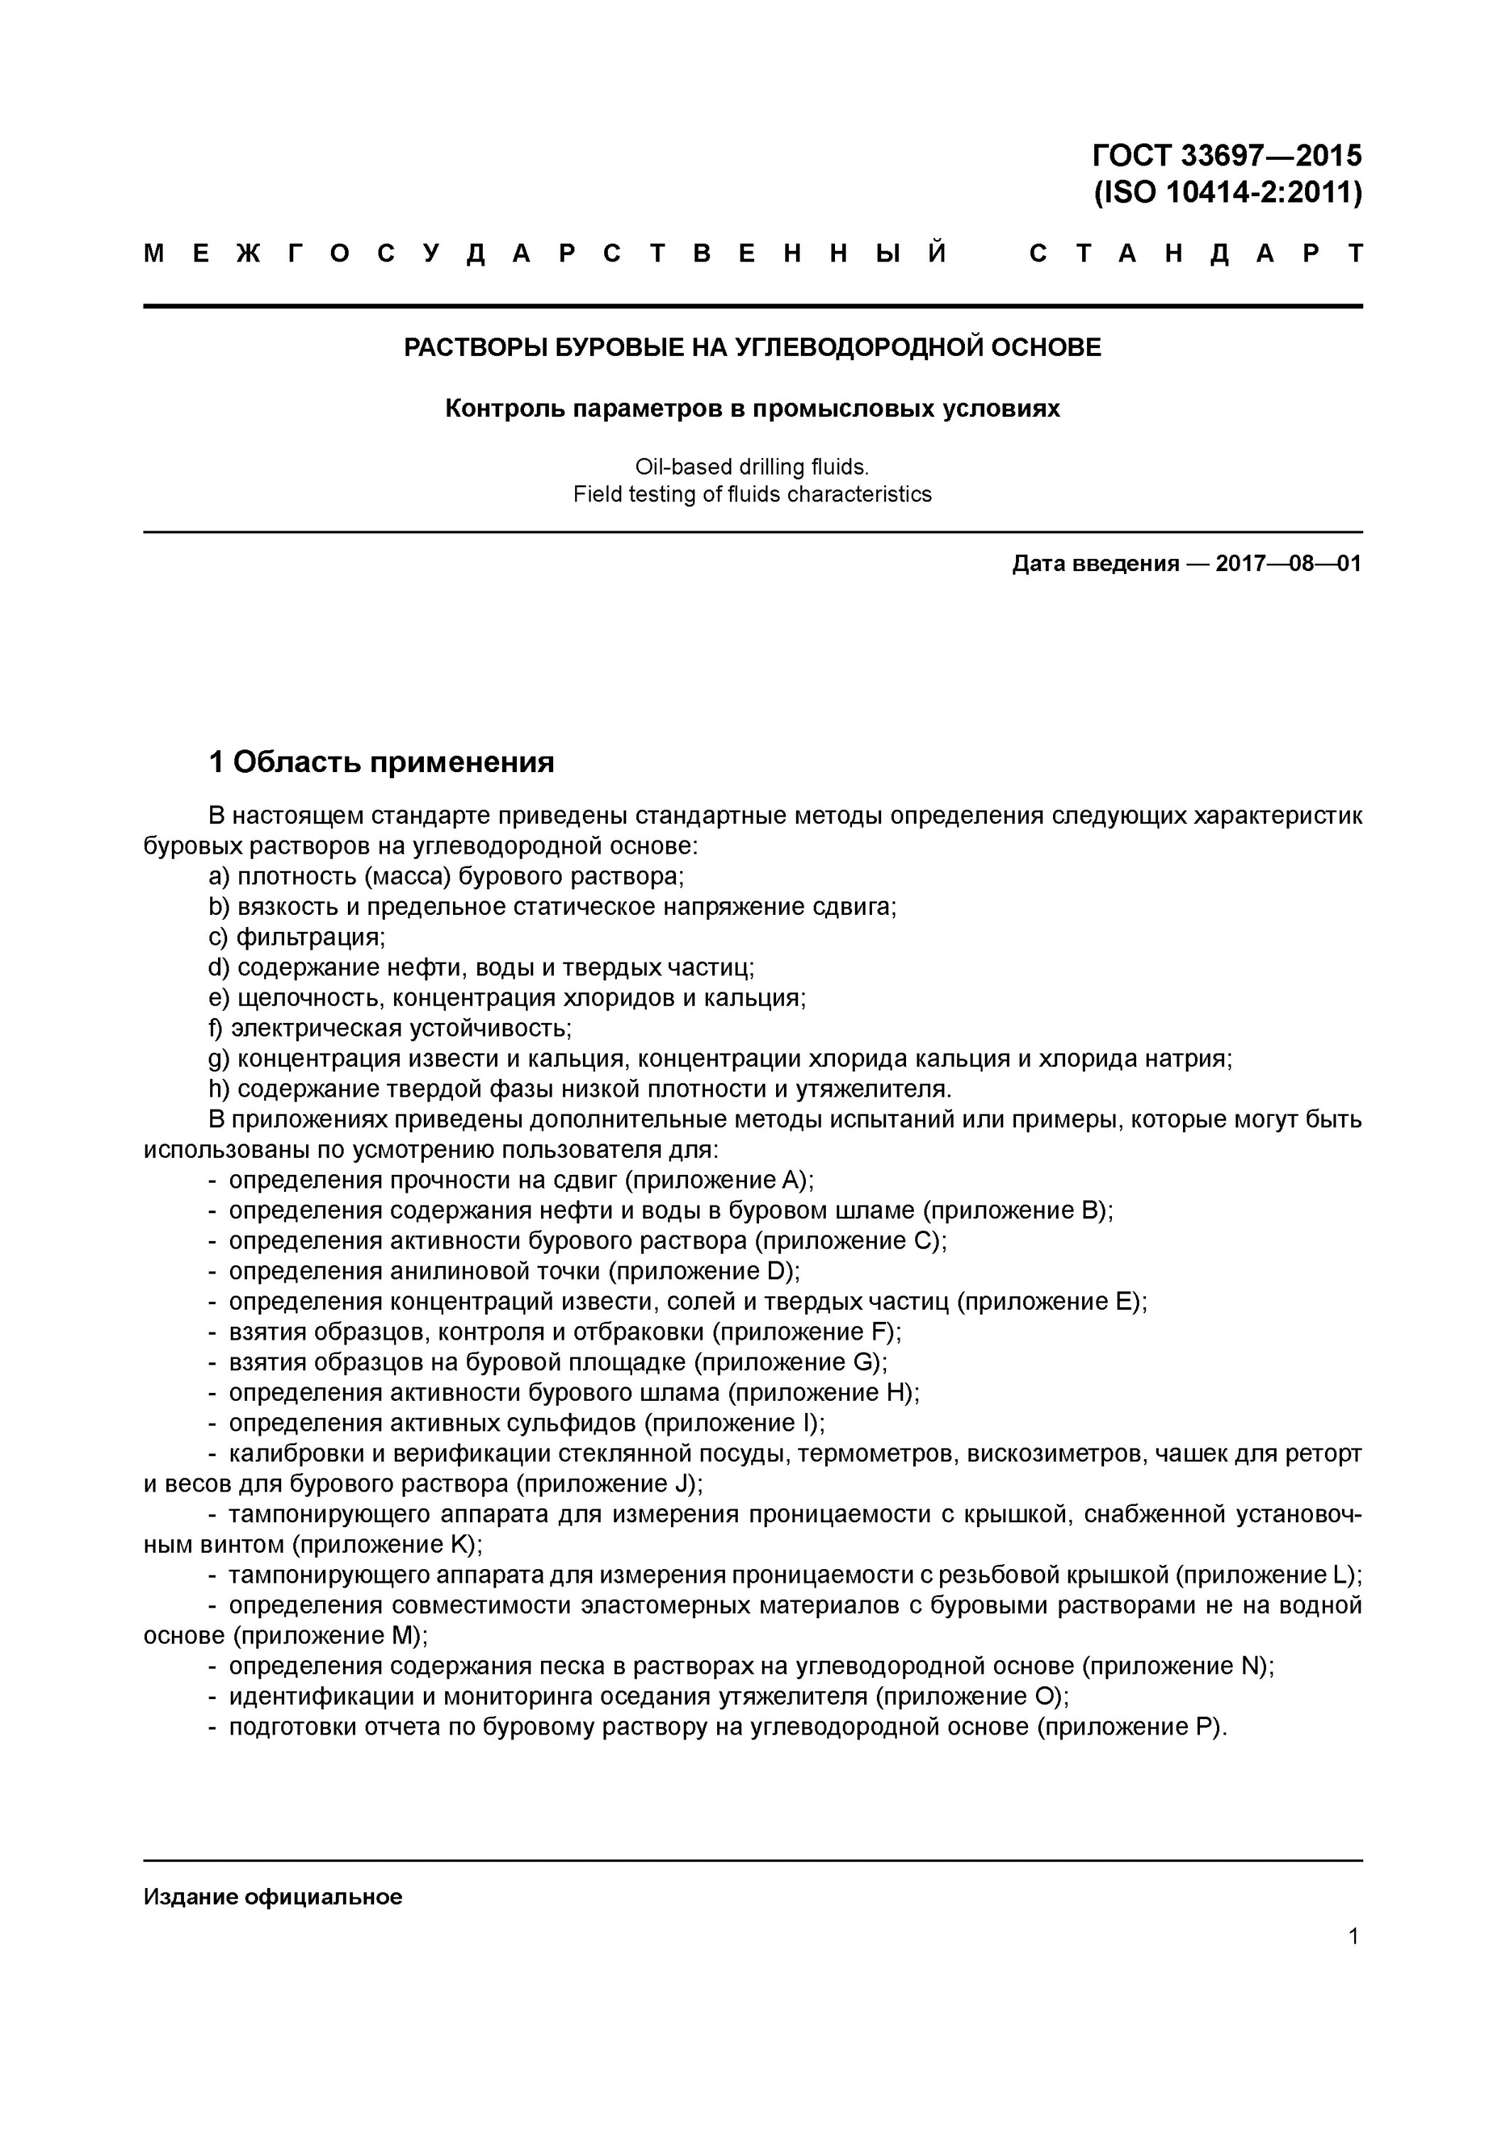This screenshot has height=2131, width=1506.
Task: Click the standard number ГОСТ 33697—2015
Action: [x=1227, y=154]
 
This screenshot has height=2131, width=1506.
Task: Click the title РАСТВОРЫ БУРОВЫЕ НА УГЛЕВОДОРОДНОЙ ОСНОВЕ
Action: [x=753, y=348]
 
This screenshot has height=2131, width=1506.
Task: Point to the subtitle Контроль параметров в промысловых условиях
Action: [x=753, y=408]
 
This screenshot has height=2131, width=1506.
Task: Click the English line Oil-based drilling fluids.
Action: [x=753, y=466]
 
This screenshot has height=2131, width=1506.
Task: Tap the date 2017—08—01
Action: [x=1288, y=563]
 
